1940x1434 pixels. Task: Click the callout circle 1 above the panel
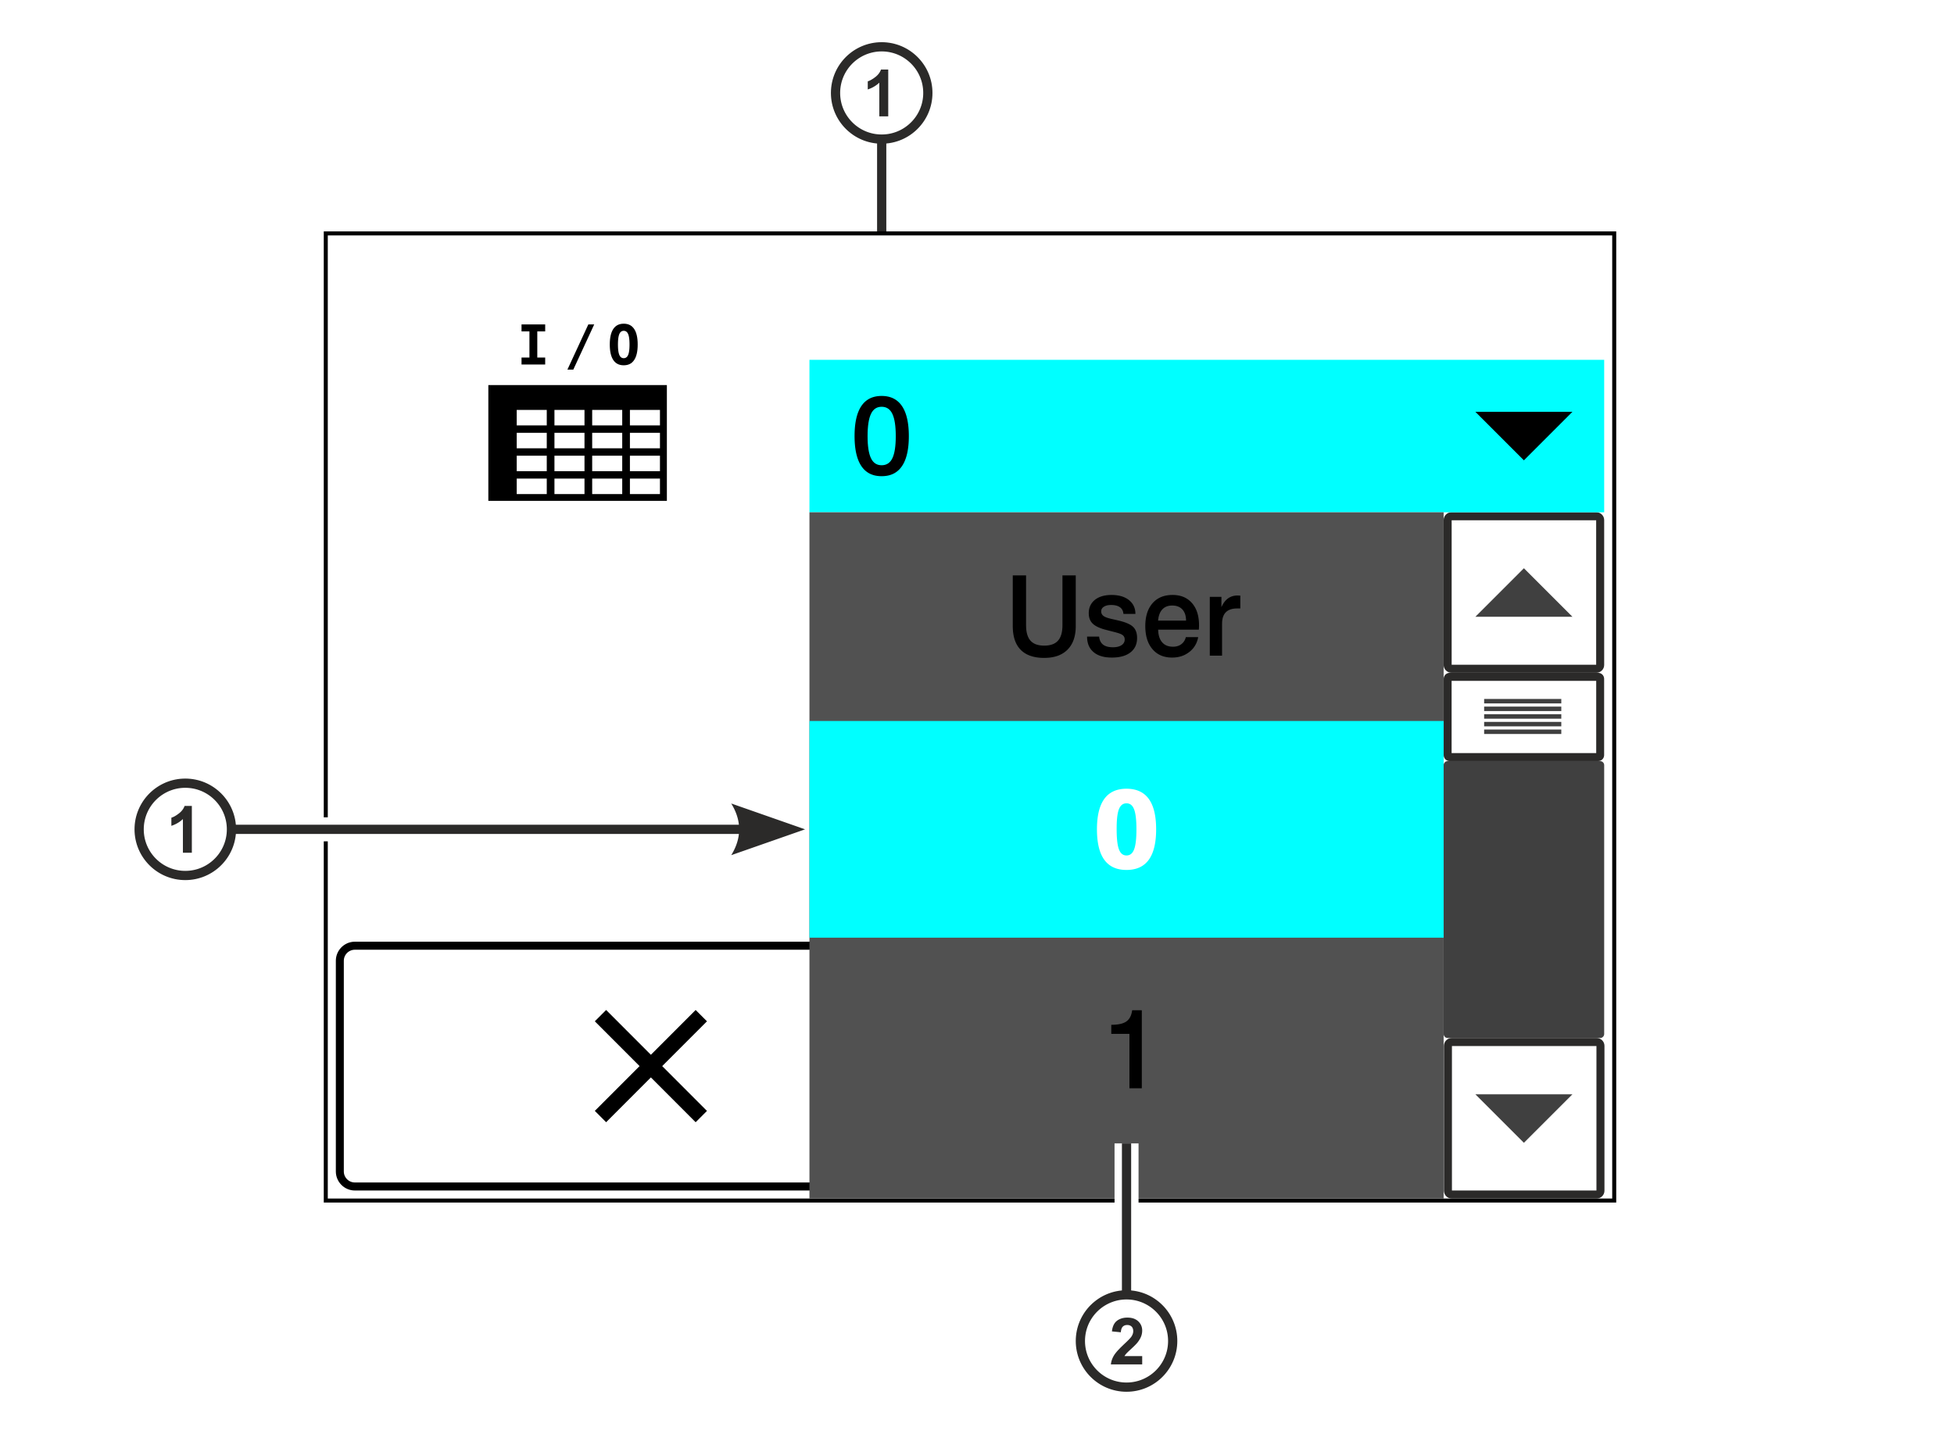881,93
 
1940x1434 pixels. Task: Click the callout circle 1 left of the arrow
186,829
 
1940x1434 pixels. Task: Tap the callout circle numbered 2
1126,1341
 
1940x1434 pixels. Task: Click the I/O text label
579,346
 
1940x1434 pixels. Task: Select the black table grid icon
577,442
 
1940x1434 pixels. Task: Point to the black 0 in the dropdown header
881,436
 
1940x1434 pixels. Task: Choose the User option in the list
1126,617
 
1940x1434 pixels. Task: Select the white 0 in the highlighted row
1126,829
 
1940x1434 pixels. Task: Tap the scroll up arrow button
1523,593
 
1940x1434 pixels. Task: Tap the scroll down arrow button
1523,1119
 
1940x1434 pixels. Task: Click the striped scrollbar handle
1523,717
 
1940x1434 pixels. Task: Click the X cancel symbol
650,1066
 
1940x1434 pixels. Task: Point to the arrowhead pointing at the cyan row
768,829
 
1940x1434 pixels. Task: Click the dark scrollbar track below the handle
1523,899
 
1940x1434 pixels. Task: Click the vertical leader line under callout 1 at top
881,188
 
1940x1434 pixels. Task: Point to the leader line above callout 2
1126,1218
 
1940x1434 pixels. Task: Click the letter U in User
1044,617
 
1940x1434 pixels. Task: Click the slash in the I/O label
581,347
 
